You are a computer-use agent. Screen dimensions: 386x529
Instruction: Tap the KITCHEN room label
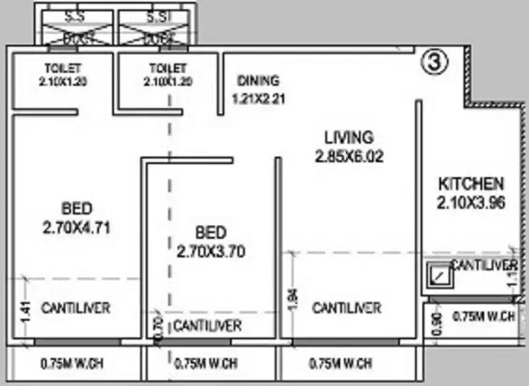471,183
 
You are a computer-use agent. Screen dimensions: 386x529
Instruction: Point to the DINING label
258,80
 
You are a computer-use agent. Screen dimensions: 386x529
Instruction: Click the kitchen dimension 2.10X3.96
472,202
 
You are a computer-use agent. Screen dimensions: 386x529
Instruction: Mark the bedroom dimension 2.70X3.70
210,252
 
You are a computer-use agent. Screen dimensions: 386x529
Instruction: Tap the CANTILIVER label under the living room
347,308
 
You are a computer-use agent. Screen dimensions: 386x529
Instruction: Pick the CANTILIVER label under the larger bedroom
76,308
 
